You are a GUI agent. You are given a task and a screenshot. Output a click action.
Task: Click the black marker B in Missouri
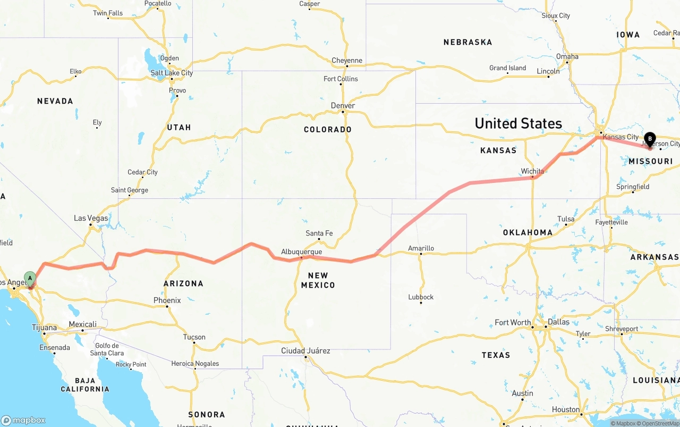click(650, 139)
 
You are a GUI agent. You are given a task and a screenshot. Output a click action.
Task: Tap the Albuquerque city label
click(301, 252)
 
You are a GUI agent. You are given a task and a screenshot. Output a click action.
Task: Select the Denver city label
click(343, 106)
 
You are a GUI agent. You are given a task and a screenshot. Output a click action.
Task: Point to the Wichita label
click(532, 171)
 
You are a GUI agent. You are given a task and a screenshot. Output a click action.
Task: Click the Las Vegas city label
click(91, 218)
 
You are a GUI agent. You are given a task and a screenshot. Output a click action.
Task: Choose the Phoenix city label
click(167, 300)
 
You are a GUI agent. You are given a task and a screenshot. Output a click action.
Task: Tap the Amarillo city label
click(421, 248)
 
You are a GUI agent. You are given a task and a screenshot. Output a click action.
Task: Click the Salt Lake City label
click(172, 73)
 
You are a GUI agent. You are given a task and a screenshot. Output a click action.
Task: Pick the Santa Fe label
click(319, 233)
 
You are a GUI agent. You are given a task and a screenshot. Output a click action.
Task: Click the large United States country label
click(518, 123)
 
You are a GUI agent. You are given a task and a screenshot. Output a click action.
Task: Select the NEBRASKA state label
click(467, 42)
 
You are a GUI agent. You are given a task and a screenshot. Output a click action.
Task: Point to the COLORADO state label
click(328, 130)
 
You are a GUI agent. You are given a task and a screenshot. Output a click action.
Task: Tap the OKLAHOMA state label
click(528, 232)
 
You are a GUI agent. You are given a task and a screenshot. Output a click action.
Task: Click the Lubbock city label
click(421, 297)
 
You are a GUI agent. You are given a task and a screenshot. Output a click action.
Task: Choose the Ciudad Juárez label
click(305, 351)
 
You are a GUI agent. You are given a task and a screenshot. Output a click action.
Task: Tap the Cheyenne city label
click(347, 61)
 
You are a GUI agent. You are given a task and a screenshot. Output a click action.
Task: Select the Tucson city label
click(194, 337)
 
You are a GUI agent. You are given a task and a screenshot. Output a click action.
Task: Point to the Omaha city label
click(567, 56)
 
